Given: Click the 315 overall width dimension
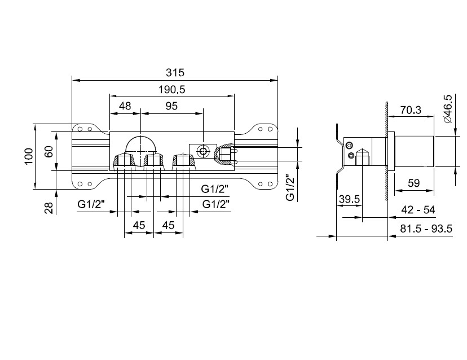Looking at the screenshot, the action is click(x=175, y=72).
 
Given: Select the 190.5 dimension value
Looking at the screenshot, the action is click(x=171, y=89).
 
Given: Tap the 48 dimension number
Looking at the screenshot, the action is click(x=125, y=106).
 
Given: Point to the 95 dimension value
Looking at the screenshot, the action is click(x=171, y=106).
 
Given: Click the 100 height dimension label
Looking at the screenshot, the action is click(x=29, y=156).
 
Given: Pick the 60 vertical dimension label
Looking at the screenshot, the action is click(x=49, y=151).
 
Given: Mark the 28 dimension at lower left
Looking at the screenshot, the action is click(x=49, y=208).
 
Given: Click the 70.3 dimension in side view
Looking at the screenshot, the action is click(x=411, y=110).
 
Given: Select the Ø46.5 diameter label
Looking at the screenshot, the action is click(x=447, y=109).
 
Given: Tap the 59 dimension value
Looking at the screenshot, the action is click(x=413, y=183).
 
